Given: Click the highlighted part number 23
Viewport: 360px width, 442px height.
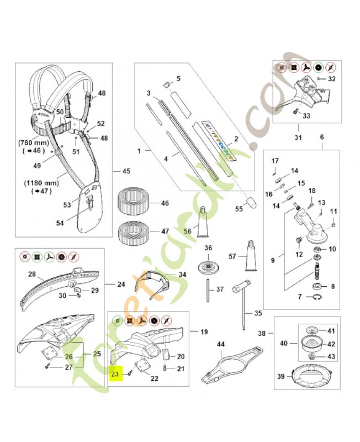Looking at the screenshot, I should [x=115, y=373].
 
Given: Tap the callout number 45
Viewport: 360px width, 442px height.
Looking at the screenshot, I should [x=126, y=171].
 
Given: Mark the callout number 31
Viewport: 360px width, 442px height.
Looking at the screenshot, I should [x=299, y=138].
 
